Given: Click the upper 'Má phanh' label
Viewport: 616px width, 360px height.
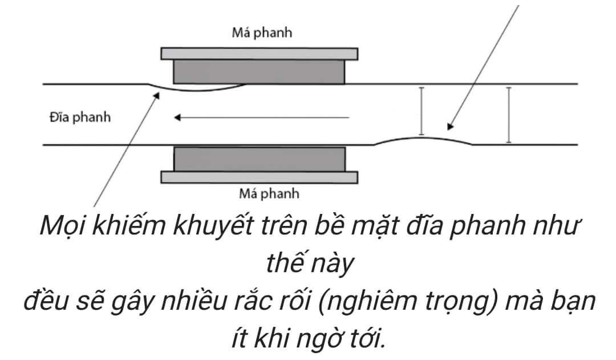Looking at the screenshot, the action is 262,33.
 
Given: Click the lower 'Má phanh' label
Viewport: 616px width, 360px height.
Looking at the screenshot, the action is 269,194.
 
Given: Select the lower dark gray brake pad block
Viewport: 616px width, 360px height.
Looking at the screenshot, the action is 259,159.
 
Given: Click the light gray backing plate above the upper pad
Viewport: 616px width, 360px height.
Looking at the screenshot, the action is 259,54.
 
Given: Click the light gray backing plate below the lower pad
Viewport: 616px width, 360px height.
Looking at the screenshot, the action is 259,177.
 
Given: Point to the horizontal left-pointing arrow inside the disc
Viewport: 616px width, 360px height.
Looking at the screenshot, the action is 262,118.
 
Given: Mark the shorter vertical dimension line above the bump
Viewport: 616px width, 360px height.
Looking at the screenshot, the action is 421,111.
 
